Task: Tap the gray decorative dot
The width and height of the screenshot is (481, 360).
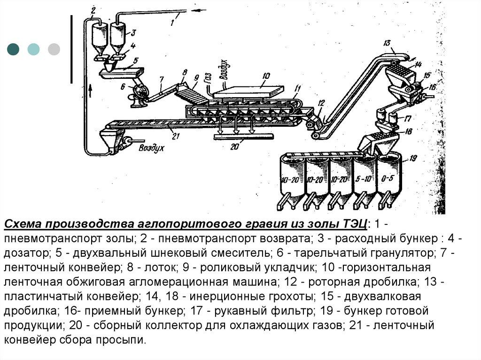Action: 54,49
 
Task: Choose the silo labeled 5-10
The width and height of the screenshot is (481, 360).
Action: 365,179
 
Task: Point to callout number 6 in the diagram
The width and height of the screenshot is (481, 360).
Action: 123,86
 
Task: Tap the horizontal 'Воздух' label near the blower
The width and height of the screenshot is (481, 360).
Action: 151,147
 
